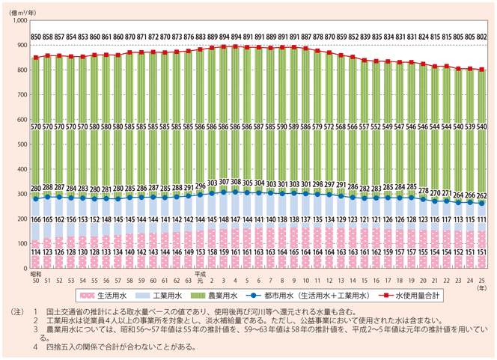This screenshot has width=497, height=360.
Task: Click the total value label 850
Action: (35, 37)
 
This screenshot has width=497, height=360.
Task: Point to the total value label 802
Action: (482, 37)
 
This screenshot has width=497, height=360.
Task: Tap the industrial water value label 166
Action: (35, 219)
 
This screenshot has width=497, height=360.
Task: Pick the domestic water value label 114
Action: (35, 252)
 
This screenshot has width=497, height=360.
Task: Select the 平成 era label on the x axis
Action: (198, 273)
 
